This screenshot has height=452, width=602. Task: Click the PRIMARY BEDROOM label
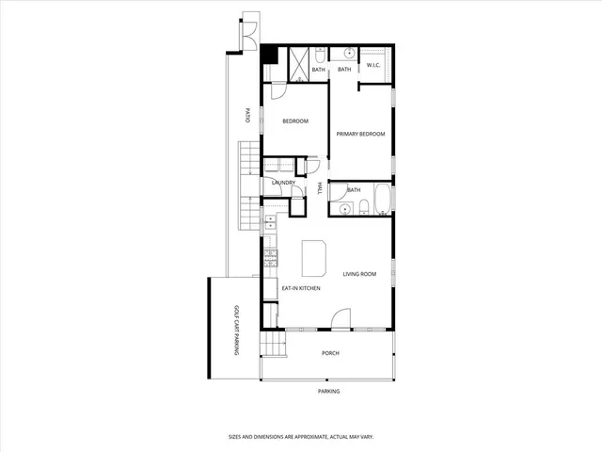361,135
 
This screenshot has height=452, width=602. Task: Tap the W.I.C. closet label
372,65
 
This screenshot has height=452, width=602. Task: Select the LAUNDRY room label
283,183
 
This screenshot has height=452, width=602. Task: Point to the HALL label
320,187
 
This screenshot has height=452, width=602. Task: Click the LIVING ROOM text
359,274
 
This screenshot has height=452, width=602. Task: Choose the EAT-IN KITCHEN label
301,288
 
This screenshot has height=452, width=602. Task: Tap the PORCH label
330,353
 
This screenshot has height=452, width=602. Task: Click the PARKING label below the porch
328,391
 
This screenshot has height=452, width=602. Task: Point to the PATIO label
247,116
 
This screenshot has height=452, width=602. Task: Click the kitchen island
313,256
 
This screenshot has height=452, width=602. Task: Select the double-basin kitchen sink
270,222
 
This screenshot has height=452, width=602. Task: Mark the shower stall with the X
296,64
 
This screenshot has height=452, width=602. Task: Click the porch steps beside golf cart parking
271,345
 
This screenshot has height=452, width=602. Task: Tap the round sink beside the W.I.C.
347,52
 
